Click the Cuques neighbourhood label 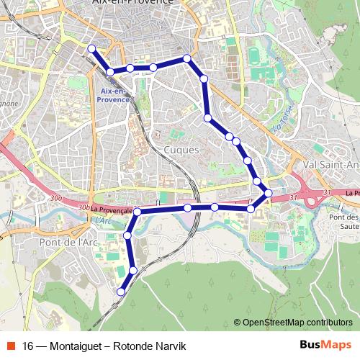[x=181, y=149]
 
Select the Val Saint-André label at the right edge [x=332, y=164]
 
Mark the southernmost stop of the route [x=121, y=292]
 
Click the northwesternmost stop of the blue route [x=91, y=48]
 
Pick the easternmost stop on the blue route [x=268, y=193]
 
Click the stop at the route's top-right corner [x=187, y=58]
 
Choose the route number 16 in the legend [x=29, y=346]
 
